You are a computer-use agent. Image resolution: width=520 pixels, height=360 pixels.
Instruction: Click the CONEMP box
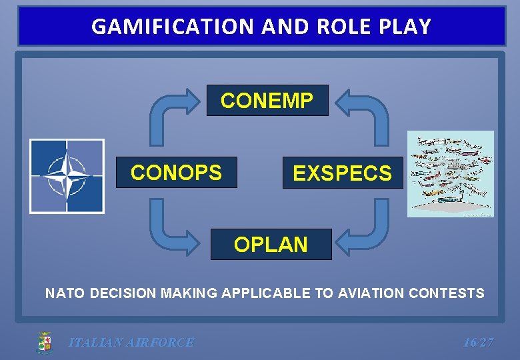[267, 101]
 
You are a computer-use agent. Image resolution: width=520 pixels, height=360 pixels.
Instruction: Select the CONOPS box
[176, 173]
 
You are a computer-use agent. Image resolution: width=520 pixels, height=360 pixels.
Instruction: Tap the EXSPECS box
[343, 173]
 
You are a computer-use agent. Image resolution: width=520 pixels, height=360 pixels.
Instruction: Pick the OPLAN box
[271, 245]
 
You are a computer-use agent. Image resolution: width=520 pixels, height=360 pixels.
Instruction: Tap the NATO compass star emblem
[67, 176]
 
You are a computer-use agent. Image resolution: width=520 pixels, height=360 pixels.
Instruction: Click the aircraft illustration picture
[451, 174]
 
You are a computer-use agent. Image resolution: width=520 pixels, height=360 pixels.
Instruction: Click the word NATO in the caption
[61, 293]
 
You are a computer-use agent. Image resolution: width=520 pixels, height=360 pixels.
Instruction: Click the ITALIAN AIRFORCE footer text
[131, 343]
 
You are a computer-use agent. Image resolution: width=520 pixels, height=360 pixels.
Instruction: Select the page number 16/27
[478, 343]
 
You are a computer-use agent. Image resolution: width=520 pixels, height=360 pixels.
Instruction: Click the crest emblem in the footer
[44, 343]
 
